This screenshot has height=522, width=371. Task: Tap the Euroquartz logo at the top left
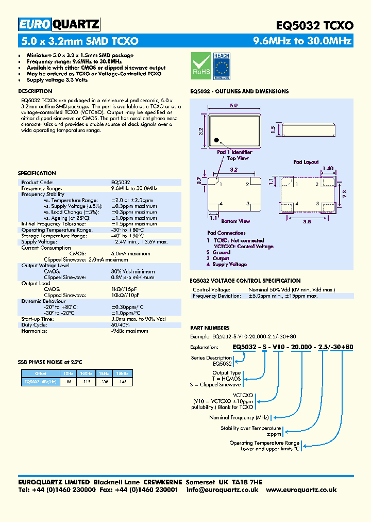click(59, 24)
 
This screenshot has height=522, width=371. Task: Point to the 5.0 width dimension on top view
click(233, 105)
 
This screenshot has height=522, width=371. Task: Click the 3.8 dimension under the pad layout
click(307, 221)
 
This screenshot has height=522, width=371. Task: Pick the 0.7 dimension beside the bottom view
click(199, 181)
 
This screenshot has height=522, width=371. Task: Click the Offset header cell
click(41, 373)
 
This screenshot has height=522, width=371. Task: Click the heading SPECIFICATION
click(37, 173)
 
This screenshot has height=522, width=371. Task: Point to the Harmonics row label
click(34, 331)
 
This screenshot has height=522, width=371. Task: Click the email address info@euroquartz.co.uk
click(223, 490)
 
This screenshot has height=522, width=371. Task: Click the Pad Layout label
click(306, 162)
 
